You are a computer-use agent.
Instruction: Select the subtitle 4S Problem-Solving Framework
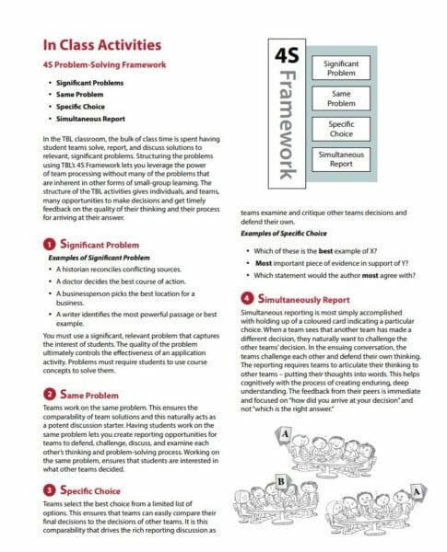tap(104, 65)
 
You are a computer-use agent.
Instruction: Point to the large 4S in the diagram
tap(287, 56)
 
